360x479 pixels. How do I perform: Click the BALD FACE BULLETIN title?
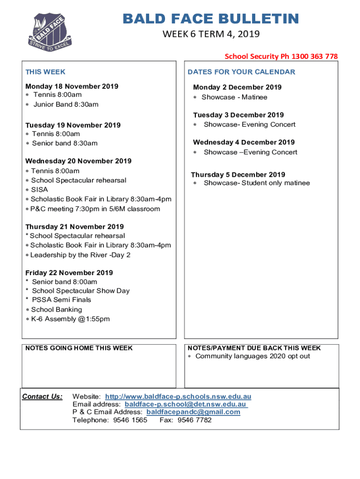210,19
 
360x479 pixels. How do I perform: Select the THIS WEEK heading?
45,72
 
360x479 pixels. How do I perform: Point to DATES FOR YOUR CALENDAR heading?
241,72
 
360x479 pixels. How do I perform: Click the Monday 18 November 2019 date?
72,86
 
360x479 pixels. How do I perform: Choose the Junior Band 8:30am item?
65,104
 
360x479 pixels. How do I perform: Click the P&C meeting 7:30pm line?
95,209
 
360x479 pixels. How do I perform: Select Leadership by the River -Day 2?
80,255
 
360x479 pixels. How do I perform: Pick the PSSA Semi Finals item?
61,299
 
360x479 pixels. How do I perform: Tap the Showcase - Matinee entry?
234,97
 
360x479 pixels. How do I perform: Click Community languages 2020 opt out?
252,356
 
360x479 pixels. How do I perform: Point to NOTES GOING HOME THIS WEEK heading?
79,348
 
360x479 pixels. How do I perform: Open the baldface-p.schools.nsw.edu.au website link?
178,397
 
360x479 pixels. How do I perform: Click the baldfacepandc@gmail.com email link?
193,412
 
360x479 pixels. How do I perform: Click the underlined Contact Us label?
42,397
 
